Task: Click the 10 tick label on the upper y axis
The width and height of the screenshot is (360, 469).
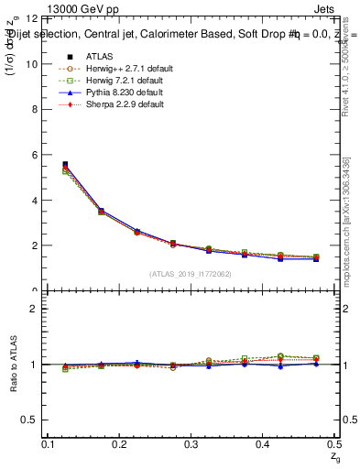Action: pyautogui.click(x=32, y=64)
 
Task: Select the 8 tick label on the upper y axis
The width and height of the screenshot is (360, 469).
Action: pyautogui.click(x=35, y=109)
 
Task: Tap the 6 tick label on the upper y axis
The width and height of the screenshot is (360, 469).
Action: pyautogui.click(x=35, y=155)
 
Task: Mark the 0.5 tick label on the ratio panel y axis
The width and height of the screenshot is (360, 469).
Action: pyautogui.click(x=30, y=420)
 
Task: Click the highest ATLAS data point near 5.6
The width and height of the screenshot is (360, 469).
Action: pyautogui.click(x=65, y=165)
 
